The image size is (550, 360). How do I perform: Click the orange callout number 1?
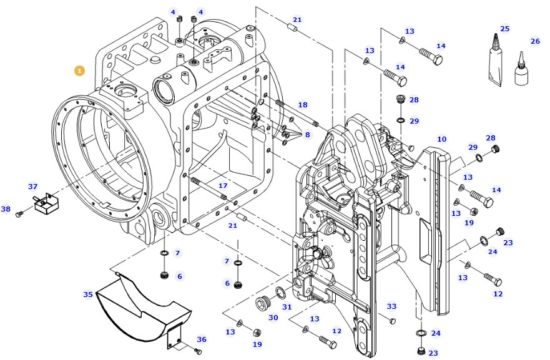(79, 71)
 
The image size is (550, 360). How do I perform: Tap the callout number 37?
(33, 187)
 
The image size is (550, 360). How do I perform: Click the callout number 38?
(6, 209)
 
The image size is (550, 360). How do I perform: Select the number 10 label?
(441, 139)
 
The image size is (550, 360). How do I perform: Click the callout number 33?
(391, 306)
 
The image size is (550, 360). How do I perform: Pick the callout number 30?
(273, 318)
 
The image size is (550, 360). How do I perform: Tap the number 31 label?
(287, 306)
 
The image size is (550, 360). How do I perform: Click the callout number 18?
(303, 105)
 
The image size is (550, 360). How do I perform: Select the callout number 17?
(223, 185)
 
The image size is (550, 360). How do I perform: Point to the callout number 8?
(307, 134)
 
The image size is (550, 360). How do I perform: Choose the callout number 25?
(504, 29)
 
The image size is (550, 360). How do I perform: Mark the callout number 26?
(535, 41)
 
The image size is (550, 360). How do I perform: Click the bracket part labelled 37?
(46, 204)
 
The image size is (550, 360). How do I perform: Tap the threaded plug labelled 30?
(262, 304)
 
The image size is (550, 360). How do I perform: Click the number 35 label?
(88, 294)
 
